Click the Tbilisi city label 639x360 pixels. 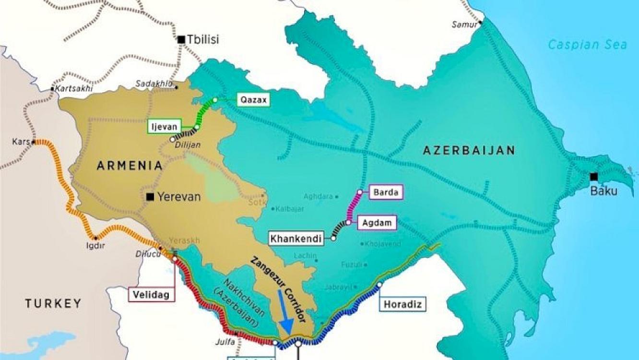203,39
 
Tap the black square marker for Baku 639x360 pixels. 594,176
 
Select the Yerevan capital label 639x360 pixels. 178,197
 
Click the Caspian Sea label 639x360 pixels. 587,45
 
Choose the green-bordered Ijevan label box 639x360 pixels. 165,127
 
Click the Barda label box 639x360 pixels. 385,193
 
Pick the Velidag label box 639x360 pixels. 151,295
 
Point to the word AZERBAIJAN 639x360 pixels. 469,150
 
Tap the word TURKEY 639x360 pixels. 53,303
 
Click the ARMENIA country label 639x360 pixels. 130,166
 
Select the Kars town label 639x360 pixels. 22,143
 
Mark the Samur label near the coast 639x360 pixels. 464,24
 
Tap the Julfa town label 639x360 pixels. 225,342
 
